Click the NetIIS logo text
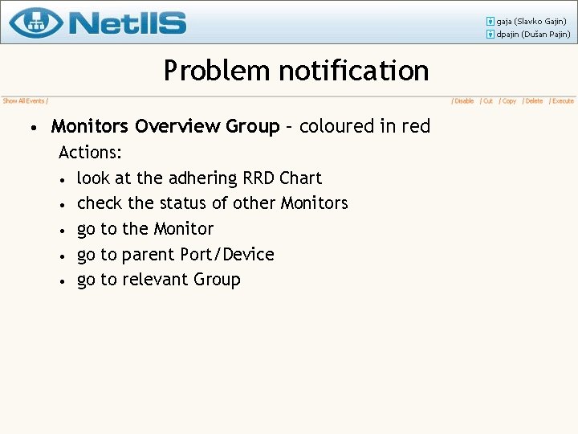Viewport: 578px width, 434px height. coord(128,23)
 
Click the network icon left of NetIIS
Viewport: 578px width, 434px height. coord(37,22)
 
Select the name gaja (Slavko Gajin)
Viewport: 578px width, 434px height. coord(531,21)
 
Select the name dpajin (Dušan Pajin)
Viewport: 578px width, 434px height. coord(533,35)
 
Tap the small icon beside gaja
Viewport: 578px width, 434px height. coord(490,21)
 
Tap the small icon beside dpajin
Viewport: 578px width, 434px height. coord(490,35)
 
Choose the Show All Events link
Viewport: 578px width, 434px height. coord(23,101)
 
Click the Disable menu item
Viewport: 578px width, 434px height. coord(464,101)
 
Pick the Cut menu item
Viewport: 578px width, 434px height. coord(487,101)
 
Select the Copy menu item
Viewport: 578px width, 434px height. coord(508,101)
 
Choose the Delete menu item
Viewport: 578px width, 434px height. coord(534,101)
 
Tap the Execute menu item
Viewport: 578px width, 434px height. coord(563,101)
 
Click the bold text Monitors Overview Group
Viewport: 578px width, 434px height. coord(165,126)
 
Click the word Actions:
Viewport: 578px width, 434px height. coord(90,152)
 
